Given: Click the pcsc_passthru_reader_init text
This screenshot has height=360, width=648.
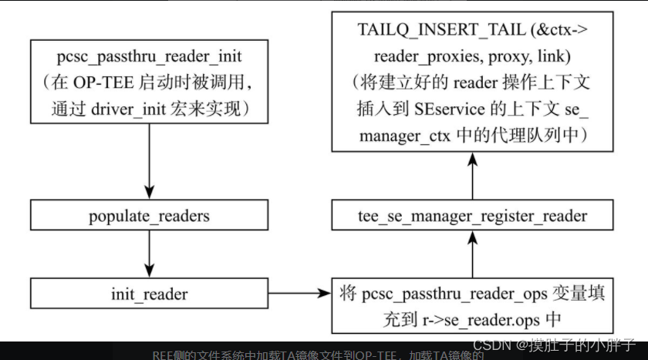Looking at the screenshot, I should (x=148, y=57).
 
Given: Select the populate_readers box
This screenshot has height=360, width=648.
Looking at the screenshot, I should (x=148, y=215).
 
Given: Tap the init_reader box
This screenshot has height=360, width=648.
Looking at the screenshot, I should (x=148, y=294).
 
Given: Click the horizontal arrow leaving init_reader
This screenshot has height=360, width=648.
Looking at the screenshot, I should (x=297, y=294).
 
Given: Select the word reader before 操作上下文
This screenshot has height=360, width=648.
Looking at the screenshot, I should (x=477, y=82).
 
